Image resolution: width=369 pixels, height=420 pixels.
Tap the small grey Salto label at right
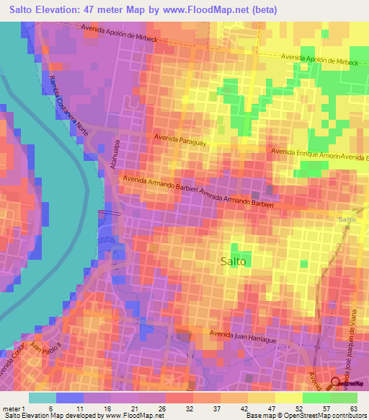point(347,219)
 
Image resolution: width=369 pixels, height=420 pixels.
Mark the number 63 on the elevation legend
point(354,408)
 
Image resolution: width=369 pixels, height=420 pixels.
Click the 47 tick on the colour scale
point(271,408)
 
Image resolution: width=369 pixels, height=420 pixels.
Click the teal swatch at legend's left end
point(43,398)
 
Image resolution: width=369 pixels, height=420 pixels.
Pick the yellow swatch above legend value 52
point(289,398)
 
